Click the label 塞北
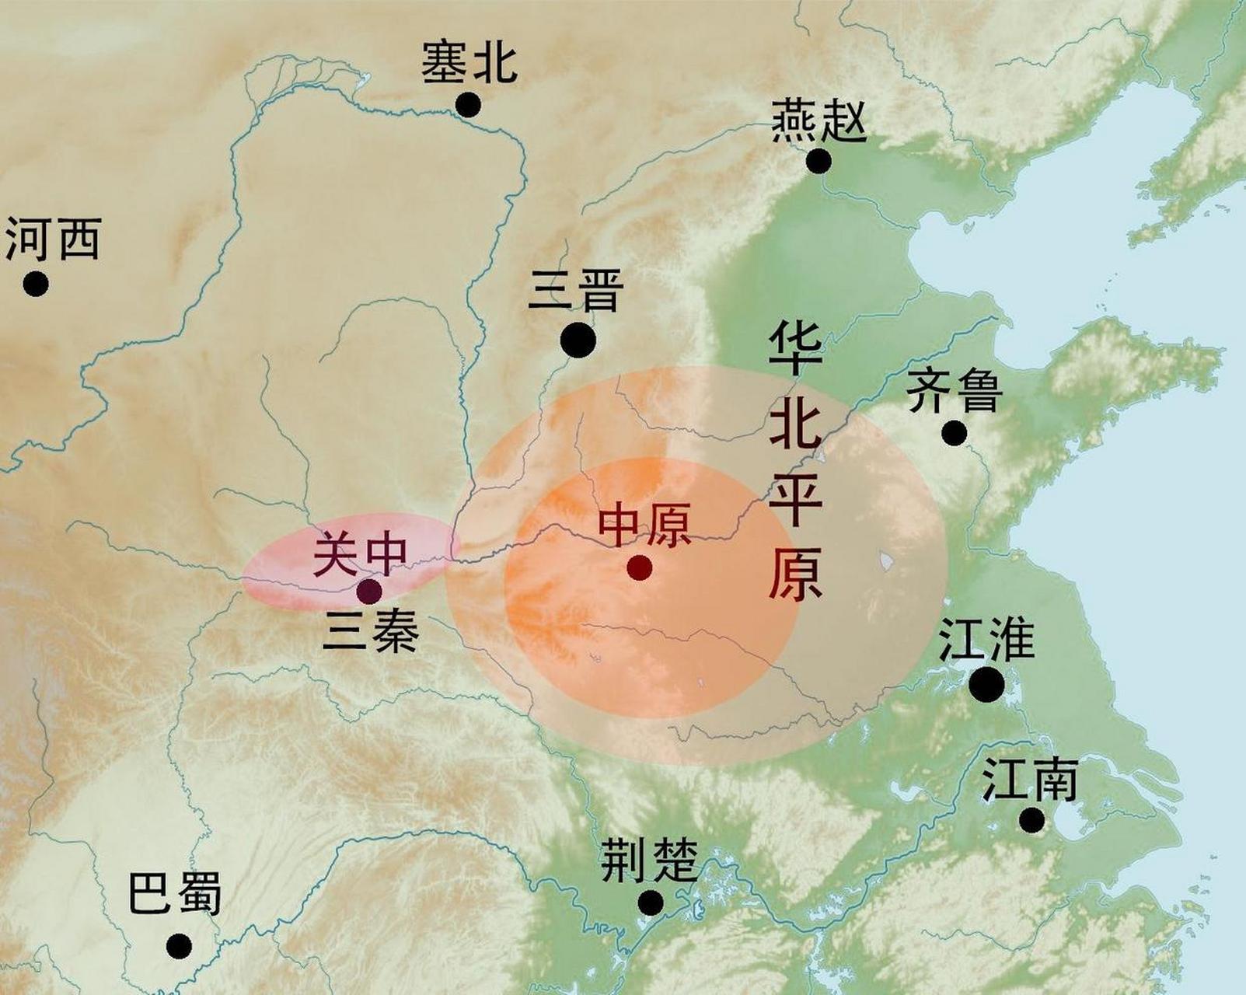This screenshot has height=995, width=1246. pyautogui.click(x=469, y=62)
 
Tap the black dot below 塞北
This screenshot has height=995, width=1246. pyautogui.click(x=468, y=104)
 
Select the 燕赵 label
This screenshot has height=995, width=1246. pyautogui.click(x=818, y=122)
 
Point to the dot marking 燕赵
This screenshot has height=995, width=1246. pyautogui.click(x=818, y=162)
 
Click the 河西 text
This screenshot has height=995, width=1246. pyautogui.click(x=53, y=239)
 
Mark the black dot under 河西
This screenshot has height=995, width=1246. pyautogui.click(x=35, y=284)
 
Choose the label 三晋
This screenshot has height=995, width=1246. pyautogui.click(x=576, y=291)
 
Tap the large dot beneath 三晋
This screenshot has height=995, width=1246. pyautogui.click(x=578, y=340)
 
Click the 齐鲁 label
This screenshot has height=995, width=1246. pyautogui.click(x=955, y=389)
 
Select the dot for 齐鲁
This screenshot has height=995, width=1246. pyautogui.click(x=955, y=433)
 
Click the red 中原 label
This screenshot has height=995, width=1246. pyautogui.click(x=644, y=526)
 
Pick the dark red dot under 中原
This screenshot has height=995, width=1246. pyautogui.click(x=639, y=567)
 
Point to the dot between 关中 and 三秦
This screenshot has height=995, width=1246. pyautogui.click(x=368, y=591)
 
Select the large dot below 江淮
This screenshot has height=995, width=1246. pyautogui.click(x=986, y=684)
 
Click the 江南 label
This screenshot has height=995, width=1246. pyautogui.click(x=1029, y=780)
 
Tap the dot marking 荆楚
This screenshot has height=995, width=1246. pyautogui.click(x=651, y=902)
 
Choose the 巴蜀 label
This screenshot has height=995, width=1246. pyautogui.click(x=175, y=893)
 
